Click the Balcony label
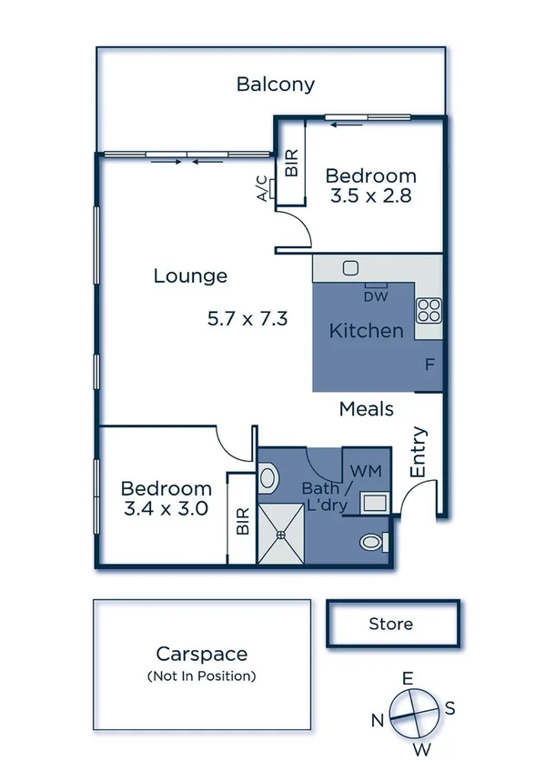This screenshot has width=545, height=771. pos(276,85)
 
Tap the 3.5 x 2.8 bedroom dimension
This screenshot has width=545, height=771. pos(370,195)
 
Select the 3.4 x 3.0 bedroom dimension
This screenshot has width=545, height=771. pos(167,508)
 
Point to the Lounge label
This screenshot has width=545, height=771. pos(190,275)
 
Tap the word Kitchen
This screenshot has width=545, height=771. pos(366,330)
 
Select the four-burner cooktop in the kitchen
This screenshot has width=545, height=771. pos(429,312)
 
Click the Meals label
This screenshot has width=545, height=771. pos(366,409)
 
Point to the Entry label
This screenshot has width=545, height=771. pos(419,453)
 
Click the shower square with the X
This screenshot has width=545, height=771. pos(283,535)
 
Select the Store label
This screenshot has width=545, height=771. pos(390,624)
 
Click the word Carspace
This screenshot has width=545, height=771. pos(201,653)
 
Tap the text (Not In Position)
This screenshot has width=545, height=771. pos(201,676)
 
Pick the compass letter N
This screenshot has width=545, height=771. pos(377,720)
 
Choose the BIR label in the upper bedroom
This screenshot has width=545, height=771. pos(292,163)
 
